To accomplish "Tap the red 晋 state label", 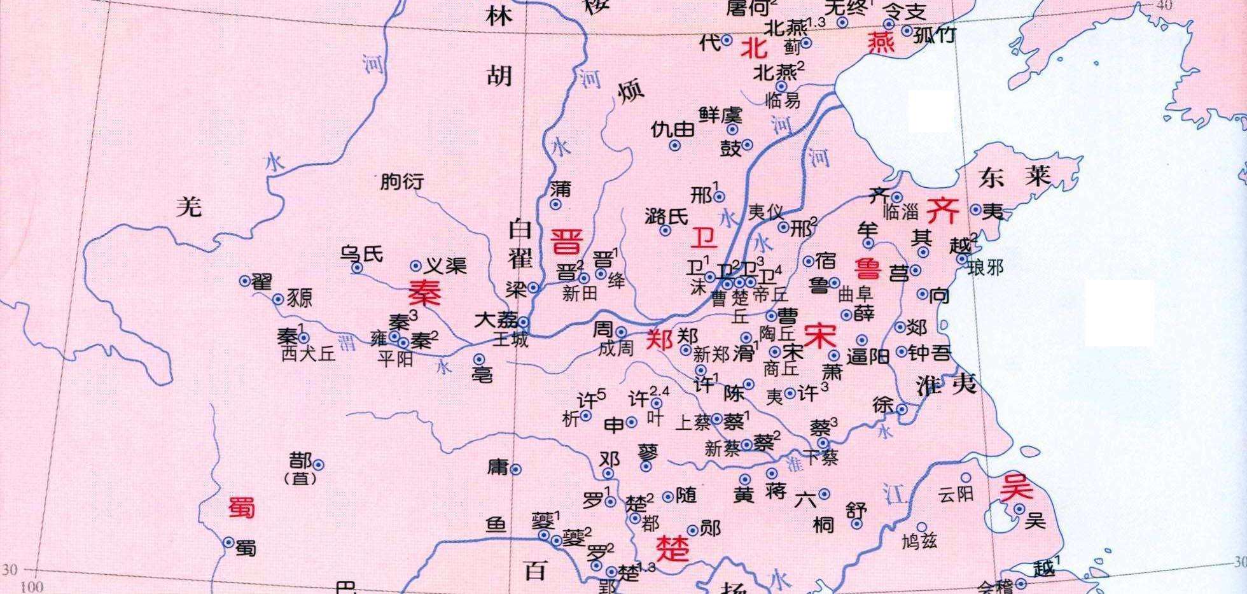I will click(566, 241).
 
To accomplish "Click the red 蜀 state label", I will click(241, 507).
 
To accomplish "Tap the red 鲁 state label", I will click(868, 268).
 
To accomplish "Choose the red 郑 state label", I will click(659, 340).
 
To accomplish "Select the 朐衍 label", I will click(401, 182).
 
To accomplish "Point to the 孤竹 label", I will click(934, 34).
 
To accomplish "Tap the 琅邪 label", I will click(986, 267).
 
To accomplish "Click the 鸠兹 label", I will click(920, 542).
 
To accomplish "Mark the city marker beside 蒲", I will click(555, 204).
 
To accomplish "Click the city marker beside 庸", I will click(516, 470).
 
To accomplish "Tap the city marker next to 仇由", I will click(675, 146).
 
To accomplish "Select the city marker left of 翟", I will click(244, 281).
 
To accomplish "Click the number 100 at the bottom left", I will click(32, 586).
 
